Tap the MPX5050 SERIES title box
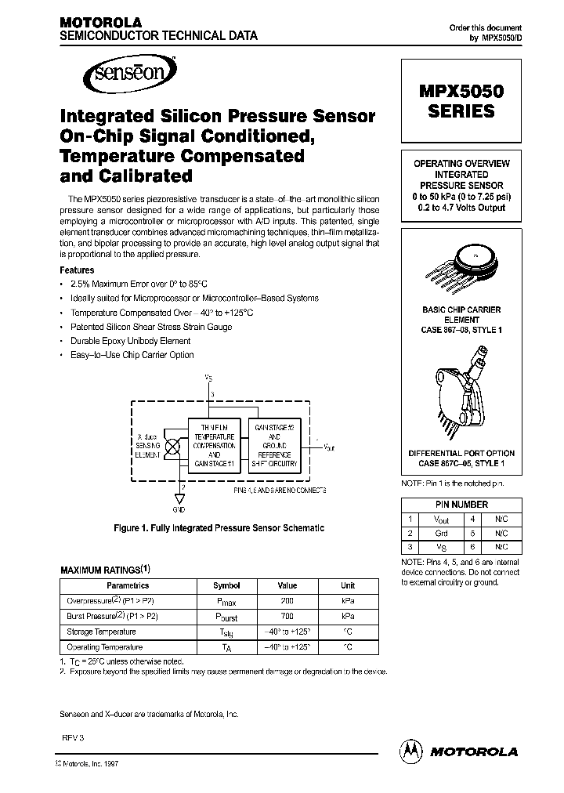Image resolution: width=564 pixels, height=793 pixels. (x=461, y=101)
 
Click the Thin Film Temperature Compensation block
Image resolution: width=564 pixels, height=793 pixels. (x=214, y=445)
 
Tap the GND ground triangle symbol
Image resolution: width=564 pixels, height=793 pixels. (x=179, y=498)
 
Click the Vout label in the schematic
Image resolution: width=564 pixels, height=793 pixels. (x=330, y=447)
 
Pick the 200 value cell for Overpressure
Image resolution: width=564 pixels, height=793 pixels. (x=287, y=600)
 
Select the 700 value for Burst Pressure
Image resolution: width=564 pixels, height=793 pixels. (x=287, y=616)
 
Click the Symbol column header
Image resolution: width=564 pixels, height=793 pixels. (x=226, y=585)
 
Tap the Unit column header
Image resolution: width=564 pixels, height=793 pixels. (x=348, y=585)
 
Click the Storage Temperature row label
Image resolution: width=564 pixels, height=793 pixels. (x=102, y=632)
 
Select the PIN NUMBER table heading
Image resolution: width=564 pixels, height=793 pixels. (x=461, y=505)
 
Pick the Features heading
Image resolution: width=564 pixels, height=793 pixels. (x=78, y=270)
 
